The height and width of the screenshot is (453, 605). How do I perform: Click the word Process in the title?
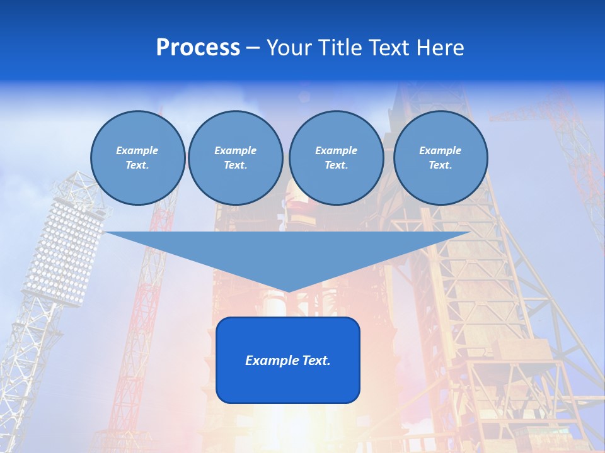(x=198, y=48)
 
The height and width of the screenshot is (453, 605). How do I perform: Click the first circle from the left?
(x=138, y=158)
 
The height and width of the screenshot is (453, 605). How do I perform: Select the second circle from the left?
(x=236, y=158)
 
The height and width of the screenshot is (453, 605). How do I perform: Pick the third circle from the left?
(x=336, y=158)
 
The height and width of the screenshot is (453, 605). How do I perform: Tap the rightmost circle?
(x=441, y=158)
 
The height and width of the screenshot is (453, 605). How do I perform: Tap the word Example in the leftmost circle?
(x=137, y=150)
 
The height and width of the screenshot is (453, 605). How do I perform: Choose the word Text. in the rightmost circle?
(x=441, y=165)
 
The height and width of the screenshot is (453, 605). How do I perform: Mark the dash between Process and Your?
(x=253, y=48)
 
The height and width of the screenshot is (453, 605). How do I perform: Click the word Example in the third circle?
(x=336, y=150)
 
